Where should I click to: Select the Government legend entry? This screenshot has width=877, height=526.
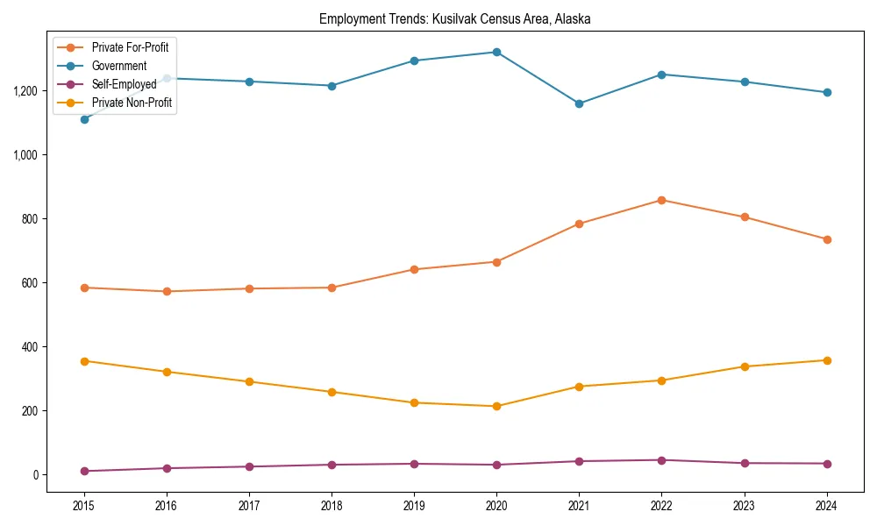click(118, 66)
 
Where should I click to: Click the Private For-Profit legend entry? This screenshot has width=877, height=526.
click(130, 47)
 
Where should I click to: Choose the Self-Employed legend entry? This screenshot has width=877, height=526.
click(124, 85)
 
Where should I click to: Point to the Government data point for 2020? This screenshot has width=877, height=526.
click(496, 52)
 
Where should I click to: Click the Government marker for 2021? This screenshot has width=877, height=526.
click(579, 103)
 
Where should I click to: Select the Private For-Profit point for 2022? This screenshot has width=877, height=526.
click(661, 200)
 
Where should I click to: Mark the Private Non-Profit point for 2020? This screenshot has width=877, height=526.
click(496, 406)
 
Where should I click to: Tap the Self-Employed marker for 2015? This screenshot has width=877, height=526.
click(84, 471)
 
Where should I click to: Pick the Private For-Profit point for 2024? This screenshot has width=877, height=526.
click(827, 239)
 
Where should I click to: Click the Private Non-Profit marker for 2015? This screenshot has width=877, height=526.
click(84, 361)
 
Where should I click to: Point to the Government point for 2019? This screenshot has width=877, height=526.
click(414, 60)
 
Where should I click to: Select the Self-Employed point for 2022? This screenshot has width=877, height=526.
click(661, 460)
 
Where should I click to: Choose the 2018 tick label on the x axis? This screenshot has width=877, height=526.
click(332, 506)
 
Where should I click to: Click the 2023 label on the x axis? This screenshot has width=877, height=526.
click(745, 506)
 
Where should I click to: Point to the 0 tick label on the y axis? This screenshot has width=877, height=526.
click(37, 475)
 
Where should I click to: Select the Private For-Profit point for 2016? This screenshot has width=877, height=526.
click(167, 291)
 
